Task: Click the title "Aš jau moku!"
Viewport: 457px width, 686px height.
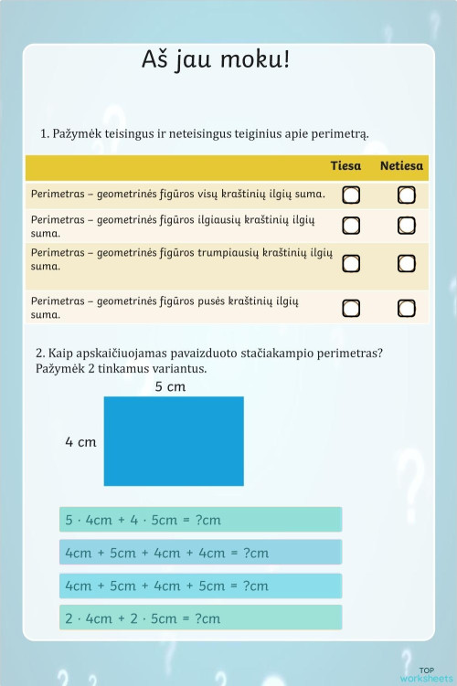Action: [x=216, y=61]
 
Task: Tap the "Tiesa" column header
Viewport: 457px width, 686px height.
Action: [x=345, y=166]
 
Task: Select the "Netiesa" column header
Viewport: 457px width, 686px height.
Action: [x=401, y=166]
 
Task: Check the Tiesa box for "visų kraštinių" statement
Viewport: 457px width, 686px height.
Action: [x=351, y=195]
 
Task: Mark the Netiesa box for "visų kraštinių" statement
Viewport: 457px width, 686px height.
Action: [x=407, y=195]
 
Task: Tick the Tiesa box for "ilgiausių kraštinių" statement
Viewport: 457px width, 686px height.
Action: [x=351, y=226]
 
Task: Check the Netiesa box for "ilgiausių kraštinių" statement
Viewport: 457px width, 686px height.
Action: [x=407, y=226]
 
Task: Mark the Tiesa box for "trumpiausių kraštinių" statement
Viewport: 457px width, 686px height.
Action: [x=351, y=263]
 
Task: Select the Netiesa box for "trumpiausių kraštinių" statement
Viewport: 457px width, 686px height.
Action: [x=407, y=263]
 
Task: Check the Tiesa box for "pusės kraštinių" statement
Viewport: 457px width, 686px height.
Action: [x=351, y=307]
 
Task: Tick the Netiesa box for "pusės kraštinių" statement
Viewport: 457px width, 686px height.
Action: [x=407, y=307]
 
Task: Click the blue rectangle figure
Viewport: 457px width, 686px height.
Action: [x=174, y=440]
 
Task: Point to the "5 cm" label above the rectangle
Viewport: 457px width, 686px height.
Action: [x=170, y=386]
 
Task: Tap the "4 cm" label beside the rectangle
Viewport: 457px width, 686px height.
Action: [x=80, y=442]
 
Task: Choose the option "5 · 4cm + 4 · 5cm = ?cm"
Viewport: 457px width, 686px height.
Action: [x=200, y=520]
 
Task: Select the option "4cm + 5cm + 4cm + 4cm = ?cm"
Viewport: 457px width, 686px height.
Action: [x=200, y=553]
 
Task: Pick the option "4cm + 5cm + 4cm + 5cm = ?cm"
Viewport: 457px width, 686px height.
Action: [x=200, y=586]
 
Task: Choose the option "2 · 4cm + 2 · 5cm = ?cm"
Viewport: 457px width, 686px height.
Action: [x=200, y=617]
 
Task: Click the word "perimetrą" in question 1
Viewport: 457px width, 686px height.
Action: [x=338, y=134]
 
